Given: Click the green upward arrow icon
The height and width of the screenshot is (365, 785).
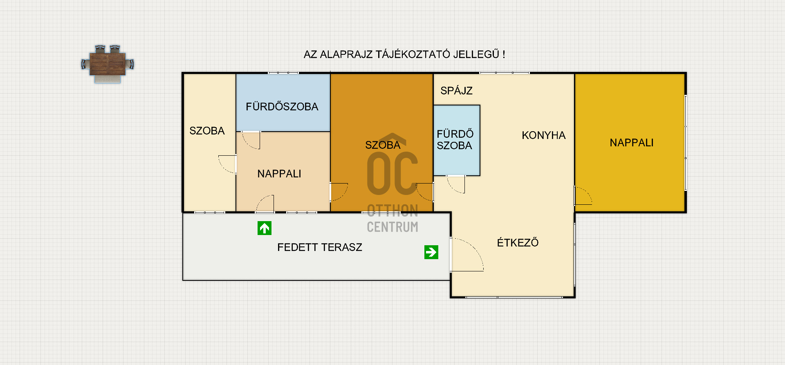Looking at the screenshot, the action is pos(265,228).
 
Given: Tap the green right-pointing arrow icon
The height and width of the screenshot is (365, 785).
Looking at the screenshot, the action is pos(431,252).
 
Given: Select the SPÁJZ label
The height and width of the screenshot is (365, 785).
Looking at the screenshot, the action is pos(456,91).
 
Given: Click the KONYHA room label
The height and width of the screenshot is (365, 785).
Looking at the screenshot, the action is pos(543,135).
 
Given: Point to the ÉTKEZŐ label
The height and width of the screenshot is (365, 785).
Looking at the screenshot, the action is pos(518,242).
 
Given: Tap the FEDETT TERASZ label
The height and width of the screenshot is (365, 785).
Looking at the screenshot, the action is pos(320,247).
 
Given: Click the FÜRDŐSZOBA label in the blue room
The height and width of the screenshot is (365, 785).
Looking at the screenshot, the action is pos(282,106).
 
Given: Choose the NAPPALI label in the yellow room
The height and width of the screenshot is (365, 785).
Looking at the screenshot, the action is pos(631,143).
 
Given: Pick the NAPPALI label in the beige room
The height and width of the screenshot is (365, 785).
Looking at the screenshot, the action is pos(279,174).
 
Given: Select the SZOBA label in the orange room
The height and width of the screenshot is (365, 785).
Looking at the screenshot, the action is pos(383,145).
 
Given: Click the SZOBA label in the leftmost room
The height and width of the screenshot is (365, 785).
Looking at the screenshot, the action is pos(207,131).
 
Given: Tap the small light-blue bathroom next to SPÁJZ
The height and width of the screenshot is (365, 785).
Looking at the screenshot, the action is pos(457,140).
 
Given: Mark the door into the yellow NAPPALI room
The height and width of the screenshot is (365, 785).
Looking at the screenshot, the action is pos(583,195).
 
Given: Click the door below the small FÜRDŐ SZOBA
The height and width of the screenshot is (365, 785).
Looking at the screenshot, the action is pos(456,184).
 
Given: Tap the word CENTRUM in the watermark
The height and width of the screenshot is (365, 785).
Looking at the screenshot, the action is pos(392,227).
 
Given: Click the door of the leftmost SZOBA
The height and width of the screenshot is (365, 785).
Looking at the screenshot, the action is pos(227,164).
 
